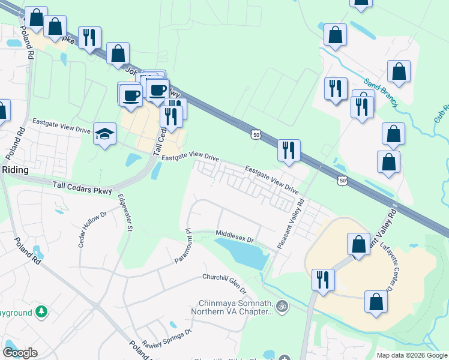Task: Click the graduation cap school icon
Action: (104, 136)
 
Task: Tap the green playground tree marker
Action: (41, 312)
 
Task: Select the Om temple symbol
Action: (280, 307)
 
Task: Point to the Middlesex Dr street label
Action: (236, 236)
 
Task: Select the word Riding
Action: (14, 170)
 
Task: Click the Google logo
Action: (20, 353)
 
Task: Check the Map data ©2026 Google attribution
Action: (411, 355)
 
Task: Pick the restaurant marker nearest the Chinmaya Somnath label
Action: (323, 280)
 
